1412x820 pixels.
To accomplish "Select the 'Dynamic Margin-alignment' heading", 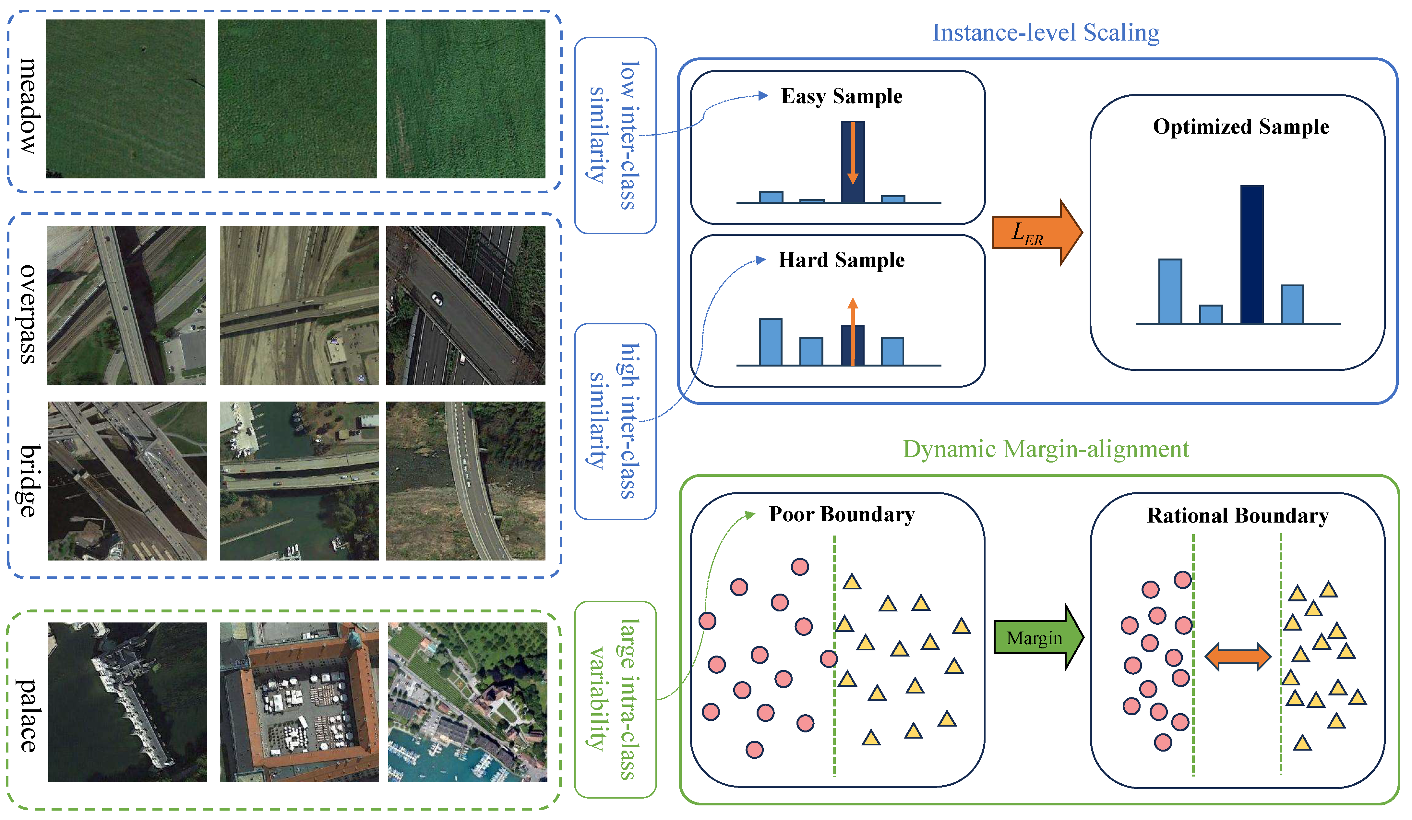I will (1046, 449).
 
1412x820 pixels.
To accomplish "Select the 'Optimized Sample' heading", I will (1240, 127).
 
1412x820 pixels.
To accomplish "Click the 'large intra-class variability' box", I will (615, 699).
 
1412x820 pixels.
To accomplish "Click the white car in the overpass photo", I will (437, 299).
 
